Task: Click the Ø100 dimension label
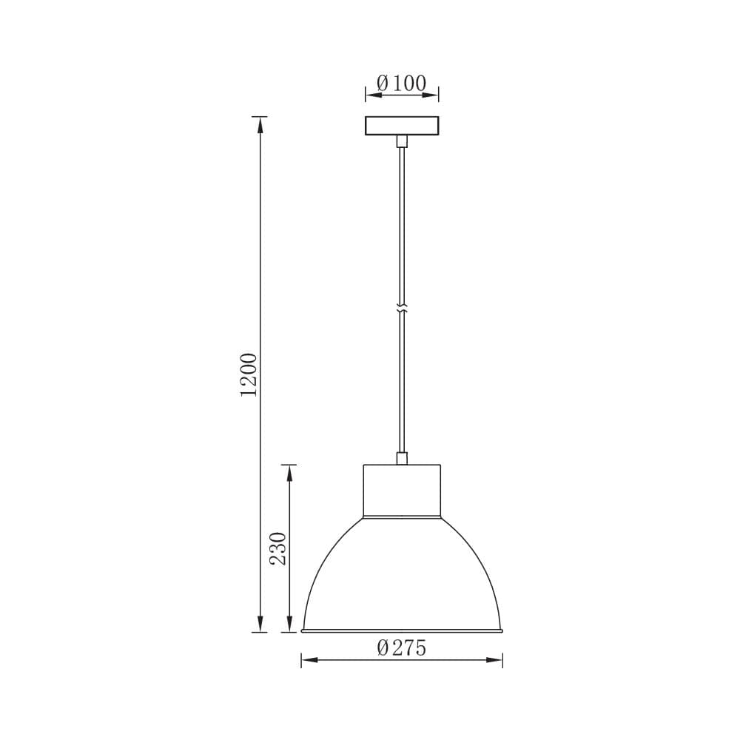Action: coord(402,84)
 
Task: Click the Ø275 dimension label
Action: coord(402,648)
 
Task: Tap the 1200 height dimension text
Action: coord(249,374)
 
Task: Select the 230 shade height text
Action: coord(278,548)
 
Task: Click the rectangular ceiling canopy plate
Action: coord(402,126)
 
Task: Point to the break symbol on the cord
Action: coord(402,307)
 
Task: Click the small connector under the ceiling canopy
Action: coord(402,141)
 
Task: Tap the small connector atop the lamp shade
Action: coord(402,458)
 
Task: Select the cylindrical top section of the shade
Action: coord(402,488)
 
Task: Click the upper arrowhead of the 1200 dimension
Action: coord(259,124)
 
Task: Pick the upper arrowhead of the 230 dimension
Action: coord(289,473)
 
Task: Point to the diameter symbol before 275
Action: coord(383,648)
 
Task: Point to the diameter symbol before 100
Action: coord(383,84)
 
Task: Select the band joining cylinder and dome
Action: coord(402,517)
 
